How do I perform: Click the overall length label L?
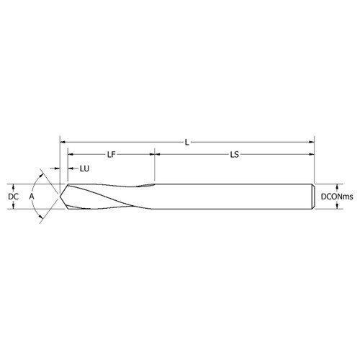pos(187,141)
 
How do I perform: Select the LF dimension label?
pos(112,154)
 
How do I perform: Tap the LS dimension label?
pos(235,154)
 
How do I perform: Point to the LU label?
pos(84,168)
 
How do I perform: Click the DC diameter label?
pos(12,196)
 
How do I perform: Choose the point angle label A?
pos(31,196)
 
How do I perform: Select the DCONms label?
pos(337,196)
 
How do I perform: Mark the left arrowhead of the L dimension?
pos(63,141)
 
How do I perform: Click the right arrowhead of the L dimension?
pos(313,141)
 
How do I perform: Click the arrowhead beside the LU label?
pos(71,168)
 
